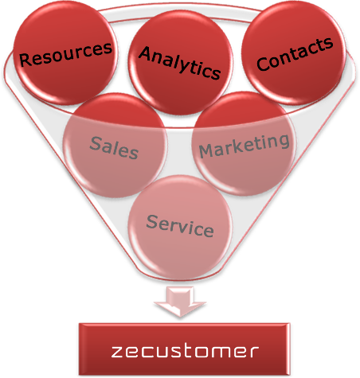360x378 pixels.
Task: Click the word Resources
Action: [x=65, y=54]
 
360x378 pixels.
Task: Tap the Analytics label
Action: [x=180, y=63]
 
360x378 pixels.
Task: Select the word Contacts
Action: [x=295, y=53]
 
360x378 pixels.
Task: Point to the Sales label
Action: [x=114, y=148]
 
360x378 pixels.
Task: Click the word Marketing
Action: [x=245, y=146]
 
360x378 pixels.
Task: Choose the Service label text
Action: [x=180, y=226]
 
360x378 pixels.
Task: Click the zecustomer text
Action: [x=185, y=352]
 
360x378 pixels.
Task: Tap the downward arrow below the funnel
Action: [x=180, y=302]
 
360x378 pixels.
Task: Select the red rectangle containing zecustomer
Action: [x=184, y=349]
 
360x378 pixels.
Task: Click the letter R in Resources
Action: [x=25, y=60]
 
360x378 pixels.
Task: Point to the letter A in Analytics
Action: [x=146, y=53]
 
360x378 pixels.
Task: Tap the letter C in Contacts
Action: [x=263, y=64]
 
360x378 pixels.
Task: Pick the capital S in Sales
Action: [x=96, y=143]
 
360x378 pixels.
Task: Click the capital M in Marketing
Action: [x=206, y=151]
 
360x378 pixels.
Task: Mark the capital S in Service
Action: [x=153, y=222]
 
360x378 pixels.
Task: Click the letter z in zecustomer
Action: [x=117, y=352]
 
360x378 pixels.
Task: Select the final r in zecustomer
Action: [x=254, y=352]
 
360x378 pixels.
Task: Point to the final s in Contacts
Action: [x=329, y=44]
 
